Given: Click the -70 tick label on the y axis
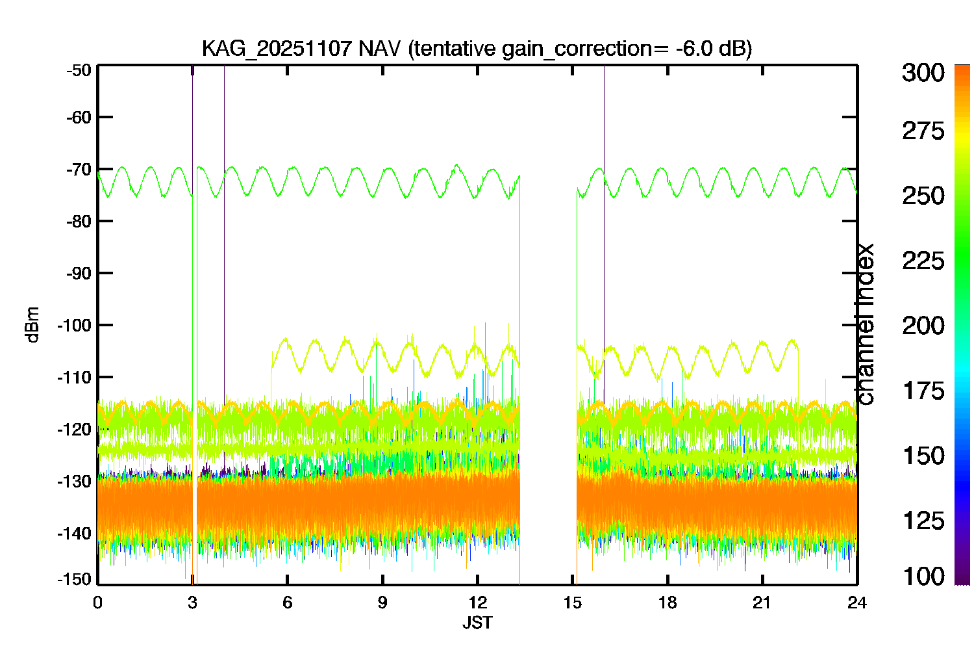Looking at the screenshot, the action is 79,170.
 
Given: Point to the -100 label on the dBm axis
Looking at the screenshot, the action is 75,325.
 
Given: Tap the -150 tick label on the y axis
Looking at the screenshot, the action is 75,579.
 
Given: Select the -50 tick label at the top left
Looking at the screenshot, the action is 79,70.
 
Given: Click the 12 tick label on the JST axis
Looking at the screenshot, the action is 477,603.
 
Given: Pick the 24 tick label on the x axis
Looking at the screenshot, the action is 857,603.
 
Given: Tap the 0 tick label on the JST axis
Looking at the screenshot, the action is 97,603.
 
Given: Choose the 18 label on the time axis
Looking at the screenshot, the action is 668,603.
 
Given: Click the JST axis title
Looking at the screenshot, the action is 477,623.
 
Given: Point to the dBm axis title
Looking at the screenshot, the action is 32,325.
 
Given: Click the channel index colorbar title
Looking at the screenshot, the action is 865,324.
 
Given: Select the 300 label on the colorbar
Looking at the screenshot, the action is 923,73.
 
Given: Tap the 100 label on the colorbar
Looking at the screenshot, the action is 923,577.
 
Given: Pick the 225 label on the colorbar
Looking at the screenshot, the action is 923,261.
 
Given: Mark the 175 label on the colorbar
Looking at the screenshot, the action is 923,391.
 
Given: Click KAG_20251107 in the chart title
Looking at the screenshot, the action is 277,49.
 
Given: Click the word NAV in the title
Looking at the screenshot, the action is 379,48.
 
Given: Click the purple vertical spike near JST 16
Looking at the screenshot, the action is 604,235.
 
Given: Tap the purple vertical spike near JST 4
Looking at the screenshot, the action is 225,235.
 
